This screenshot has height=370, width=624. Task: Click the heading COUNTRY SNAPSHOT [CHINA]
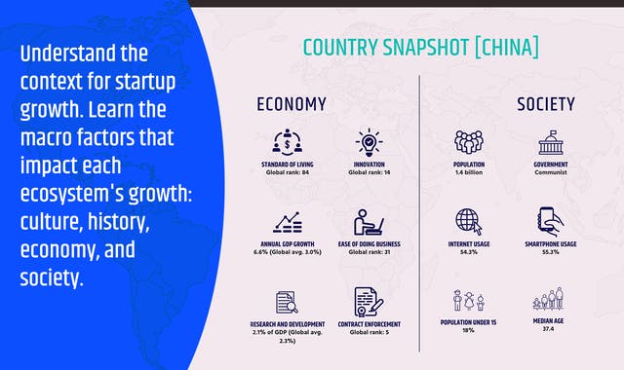(x=420, y=47)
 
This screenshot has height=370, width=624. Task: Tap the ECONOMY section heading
(x=291, y=103)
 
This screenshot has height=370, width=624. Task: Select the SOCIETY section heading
(x=545, y=103)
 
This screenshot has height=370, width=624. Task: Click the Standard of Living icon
(x=288, y=141)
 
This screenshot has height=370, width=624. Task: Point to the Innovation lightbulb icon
(x=370, y=141)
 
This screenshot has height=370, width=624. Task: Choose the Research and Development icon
(x=288, y=303)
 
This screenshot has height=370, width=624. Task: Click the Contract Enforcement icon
(x=370, y=302)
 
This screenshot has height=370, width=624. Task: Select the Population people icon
(x=469, y=141)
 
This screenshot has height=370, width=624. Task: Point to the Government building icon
(x=552, y=141)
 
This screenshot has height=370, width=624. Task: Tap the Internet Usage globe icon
(x=469, y=221)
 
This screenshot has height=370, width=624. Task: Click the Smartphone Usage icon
(x=552, y=221)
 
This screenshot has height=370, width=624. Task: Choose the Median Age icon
(x=552, y=300)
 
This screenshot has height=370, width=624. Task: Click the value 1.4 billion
(x=469, y=173)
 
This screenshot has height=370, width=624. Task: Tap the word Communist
(x=552, y=173)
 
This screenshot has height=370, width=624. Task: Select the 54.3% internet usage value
(x=469, y=253)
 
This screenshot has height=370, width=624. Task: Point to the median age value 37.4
(x=552, y=330)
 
